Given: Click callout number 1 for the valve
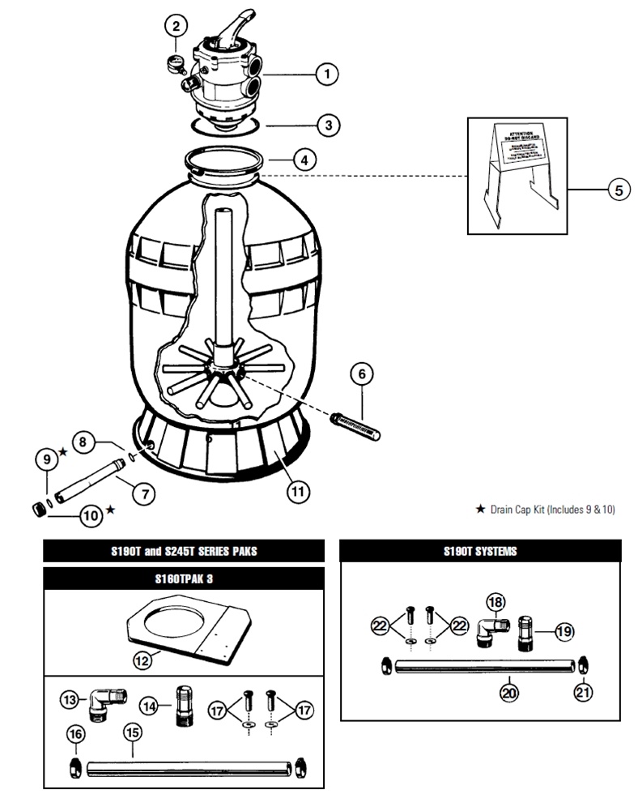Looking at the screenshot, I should click(327, 75).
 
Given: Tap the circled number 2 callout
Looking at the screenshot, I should click(176, 27).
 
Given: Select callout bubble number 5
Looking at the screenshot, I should click(618, 190).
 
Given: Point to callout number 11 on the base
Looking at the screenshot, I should click(298, 489).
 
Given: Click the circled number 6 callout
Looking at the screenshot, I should click(362, 374).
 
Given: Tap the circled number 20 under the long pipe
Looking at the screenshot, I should click(509, 693).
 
